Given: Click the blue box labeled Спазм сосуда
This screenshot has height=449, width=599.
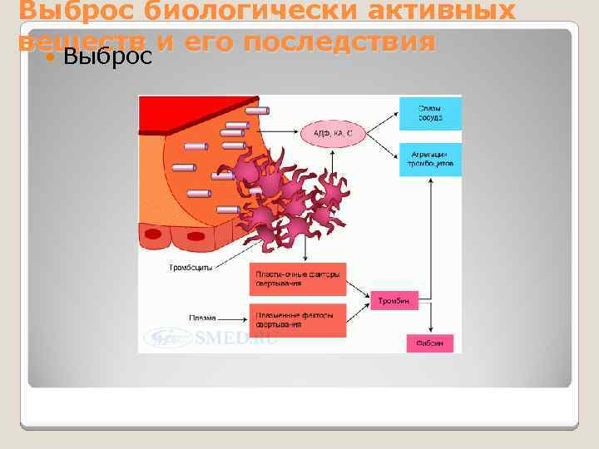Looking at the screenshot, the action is [x=429, y=113].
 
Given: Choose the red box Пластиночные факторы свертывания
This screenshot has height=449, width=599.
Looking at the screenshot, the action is [x=297, y=279].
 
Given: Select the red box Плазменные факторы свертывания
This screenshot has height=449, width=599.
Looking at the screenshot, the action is [x=297, y=320].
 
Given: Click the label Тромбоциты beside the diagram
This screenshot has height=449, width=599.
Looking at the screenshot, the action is [x=191, y=269].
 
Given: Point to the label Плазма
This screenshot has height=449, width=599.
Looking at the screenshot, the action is [x=202, y=318].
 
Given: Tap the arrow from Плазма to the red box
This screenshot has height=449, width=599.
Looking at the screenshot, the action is [x=233, y=318].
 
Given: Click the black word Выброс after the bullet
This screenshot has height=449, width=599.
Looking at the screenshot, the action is [x=107, y=57].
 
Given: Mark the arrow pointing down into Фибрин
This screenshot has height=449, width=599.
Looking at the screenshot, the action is [x=429, y=320].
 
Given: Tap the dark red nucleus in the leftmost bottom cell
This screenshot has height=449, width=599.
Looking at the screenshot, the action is [x=152, y=235].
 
